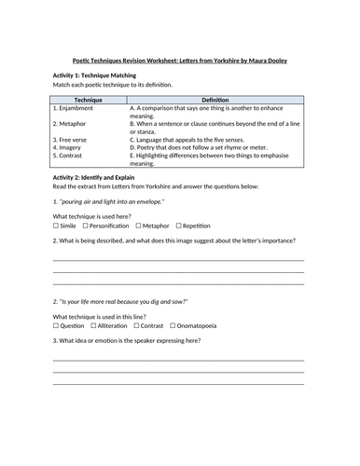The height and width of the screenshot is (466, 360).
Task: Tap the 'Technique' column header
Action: click(x=88, y=98)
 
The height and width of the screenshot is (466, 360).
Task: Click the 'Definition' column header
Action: click(x=215, y=98)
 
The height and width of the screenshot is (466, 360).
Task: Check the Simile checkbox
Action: click(x=57, y=226)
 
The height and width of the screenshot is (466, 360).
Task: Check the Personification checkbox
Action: click(x=85, y=226)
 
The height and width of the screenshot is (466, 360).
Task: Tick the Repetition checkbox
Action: click(x=178, y=226)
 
